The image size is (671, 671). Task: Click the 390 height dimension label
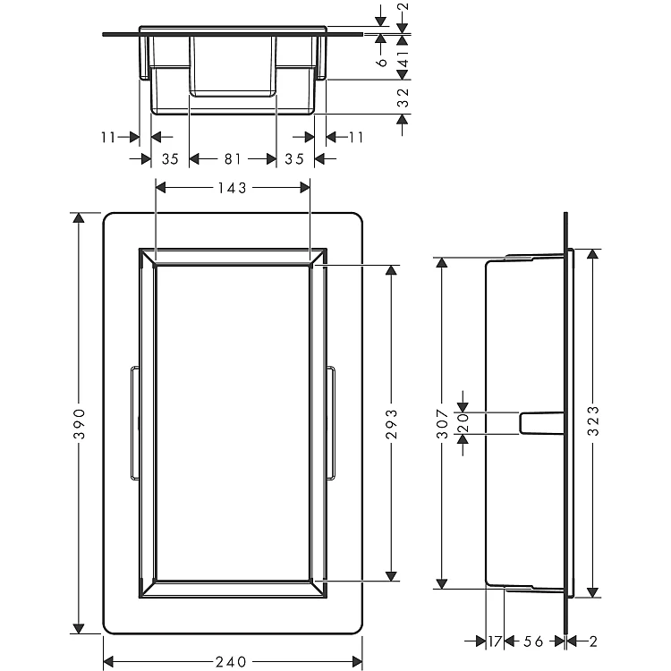80,424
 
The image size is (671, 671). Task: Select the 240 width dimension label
231,661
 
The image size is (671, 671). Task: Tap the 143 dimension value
232,188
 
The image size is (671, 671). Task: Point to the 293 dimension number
392,424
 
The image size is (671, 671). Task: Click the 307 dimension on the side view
442,424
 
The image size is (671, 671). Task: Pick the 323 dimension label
593,421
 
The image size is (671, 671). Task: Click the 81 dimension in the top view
233,159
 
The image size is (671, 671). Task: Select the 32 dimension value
403,98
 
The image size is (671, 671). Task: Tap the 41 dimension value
403,59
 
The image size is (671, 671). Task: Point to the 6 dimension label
382,62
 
